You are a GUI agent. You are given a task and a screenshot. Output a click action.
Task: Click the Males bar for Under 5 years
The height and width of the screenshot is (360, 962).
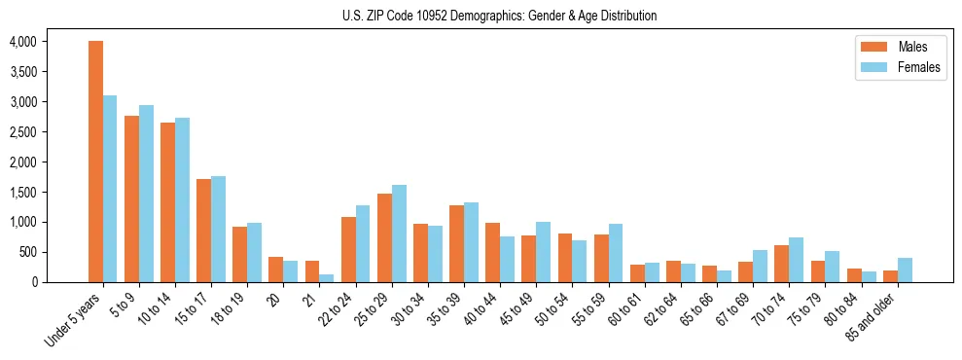tap(95, 162)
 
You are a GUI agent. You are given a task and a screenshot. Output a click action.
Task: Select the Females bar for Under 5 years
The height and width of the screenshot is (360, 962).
tap(110, 189)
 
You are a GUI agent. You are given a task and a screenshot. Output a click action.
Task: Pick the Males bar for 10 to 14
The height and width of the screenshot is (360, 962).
tap(167, 202)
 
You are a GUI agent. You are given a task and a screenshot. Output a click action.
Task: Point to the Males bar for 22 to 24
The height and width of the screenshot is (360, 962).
tap(348, 249)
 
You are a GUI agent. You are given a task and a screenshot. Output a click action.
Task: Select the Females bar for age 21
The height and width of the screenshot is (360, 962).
tap(327, 278)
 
